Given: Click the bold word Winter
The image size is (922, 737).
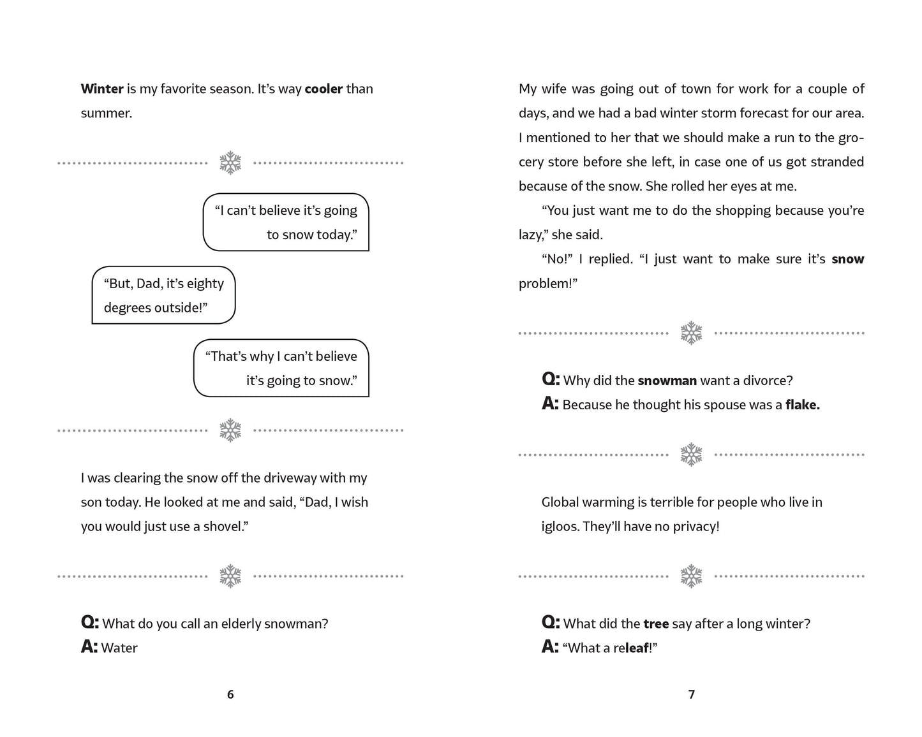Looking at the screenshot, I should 102,89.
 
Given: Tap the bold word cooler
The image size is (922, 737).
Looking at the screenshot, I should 323,89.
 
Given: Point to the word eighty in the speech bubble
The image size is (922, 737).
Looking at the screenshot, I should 205,284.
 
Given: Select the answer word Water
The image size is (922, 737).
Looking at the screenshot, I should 119,648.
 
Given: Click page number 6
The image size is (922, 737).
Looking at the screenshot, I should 230,694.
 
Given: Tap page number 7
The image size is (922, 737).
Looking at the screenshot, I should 692,694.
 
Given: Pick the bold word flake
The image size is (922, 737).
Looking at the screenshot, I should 802,405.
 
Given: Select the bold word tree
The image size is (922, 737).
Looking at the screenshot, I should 656,624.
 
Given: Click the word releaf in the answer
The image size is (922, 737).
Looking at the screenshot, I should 634,648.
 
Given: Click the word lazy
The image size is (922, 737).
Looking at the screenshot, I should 530,235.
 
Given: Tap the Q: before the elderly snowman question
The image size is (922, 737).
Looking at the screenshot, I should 90,623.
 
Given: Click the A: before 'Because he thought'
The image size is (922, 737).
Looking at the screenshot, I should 550,404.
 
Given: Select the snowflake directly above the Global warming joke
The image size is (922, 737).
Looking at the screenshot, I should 691,455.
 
